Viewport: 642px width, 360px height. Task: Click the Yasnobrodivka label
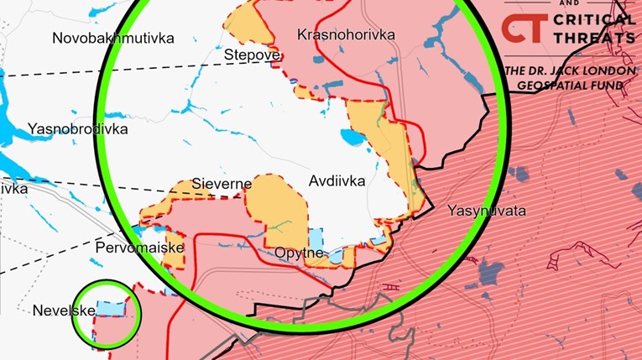coord(77,129)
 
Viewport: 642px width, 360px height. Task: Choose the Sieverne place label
coord(216,183)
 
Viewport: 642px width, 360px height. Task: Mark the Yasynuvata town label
coord(487,211)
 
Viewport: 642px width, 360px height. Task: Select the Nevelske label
coord(61,310)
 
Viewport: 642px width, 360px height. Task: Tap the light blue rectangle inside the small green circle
coord(110,309)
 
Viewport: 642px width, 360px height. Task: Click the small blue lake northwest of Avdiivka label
coord(351,137)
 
